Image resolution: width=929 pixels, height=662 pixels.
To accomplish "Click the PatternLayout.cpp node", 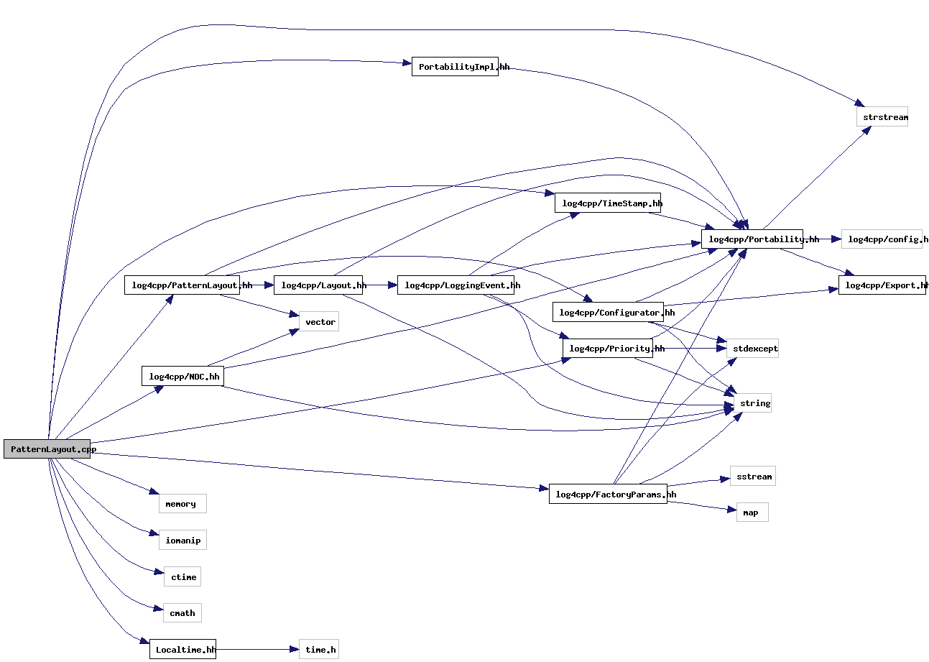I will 47,449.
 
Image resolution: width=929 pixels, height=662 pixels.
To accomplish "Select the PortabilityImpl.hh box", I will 455,67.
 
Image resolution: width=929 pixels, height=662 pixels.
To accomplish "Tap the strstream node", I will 882,117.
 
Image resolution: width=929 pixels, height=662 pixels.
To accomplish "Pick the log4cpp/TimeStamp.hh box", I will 608,203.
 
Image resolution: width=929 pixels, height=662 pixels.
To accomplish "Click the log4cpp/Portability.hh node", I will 752,239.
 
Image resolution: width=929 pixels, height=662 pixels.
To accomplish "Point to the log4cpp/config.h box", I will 882,239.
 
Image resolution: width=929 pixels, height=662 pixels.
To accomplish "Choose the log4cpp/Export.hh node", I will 882,285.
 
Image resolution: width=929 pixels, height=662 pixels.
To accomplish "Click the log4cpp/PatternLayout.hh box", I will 182,285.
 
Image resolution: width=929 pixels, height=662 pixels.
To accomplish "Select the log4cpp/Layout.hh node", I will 318,285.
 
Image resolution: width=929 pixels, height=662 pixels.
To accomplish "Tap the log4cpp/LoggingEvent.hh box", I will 456,285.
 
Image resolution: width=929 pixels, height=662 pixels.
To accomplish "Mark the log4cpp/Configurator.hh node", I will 608,312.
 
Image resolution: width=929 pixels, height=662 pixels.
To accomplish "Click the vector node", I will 319,322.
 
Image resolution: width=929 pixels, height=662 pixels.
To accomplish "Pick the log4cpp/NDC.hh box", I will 182,376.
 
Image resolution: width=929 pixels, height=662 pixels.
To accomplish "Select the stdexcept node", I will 752,349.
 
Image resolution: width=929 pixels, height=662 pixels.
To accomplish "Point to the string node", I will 752,403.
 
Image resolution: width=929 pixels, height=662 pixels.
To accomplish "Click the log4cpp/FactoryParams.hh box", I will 608,494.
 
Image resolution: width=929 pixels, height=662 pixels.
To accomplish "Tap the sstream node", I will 753,476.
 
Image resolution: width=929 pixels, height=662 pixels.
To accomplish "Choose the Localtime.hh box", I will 182,649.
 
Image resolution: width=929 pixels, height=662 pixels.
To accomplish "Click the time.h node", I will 319,649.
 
